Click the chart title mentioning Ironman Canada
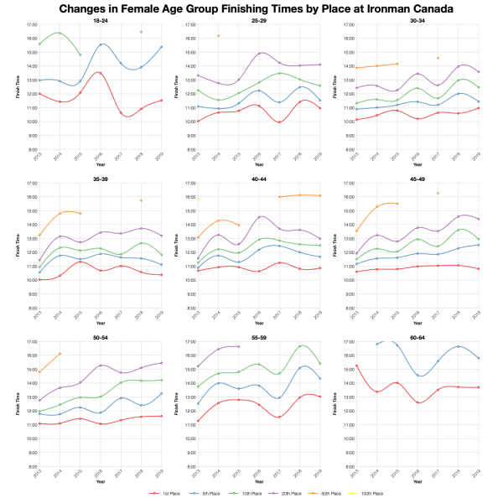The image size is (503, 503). (251, 8)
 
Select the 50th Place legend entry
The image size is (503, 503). (324, 495)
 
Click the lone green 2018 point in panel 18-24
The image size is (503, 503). (141, 32)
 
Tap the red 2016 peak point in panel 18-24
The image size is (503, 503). (100, 73)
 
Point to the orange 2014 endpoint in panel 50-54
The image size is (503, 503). (60, 354)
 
